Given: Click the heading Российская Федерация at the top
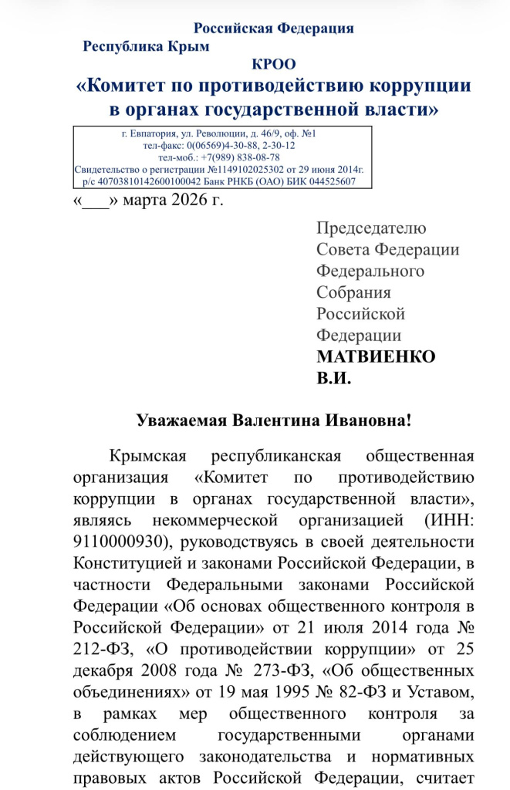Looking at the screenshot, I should click(x=273, y=29).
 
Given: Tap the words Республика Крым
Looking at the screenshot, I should click(x=146, y=46).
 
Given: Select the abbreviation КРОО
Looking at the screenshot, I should click(x=273, y=65).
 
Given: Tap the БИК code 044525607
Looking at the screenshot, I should click(x=329, y=181).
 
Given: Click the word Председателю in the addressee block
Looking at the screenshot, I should click(x=371, y=228).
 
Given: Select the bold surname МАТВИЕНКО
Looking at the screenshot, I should click(x=376, y=357).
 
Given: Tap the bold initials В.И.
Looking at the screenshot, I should click(x=334, y=379).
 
